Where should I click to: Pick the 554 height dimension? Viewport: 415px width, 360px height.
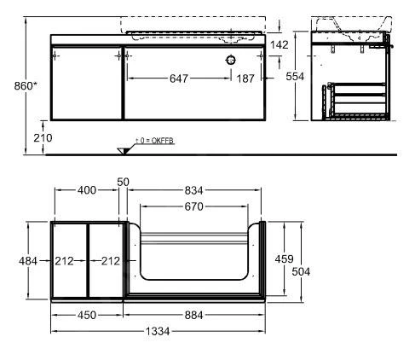(296, 77)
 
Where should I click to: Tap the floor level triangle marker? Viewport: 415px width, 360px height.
(124, 150)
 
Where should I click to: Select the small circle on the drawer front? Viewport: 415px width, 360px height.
(230, 61)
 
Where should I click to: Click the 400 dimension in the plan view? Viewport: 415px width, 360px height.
(87, 190)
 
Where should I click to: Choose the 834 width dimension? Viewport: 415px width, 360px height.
(196, 190)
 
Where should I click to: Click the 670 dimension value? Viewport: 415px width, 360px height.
(196, 206)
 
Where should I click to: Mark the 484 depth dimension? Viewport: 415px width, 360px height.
(27, 260)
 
